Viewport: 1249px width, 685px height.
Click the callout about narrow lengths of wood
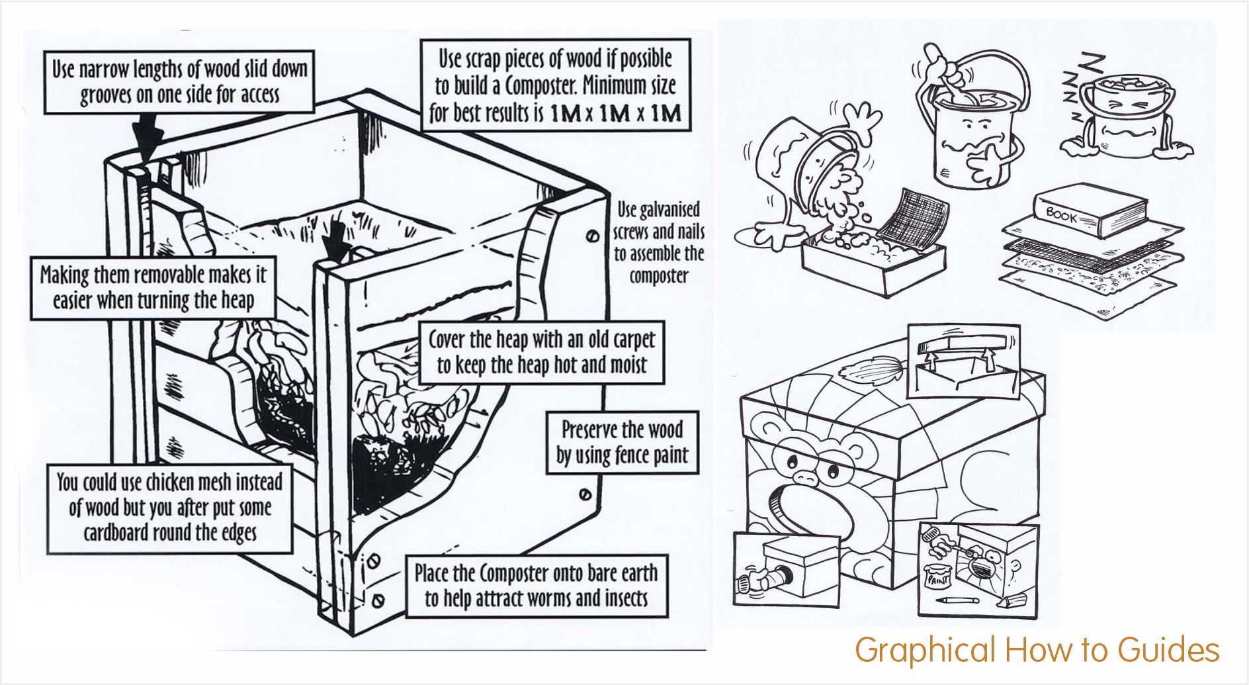tap(179, 82)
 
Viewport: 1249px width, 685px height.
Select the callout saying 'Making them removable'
tap(153, 287)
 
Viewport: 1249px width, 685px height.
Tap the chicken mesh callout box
tap(169, 508)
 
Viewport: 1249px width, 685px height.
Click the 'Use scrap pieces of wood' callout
tap(555, 85)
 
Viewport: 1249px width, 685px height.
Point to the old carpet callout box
tap(541, 352)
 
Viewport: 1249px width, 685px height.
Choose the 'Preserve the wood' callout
tap(622, 442)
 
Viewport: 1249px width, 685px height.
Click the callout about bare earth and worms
tap(536, 586)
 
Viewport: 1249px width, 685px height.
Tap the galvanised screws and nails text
tap(658, 242)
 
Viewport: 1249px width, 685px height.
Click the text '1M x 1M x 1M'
tap(615, 114)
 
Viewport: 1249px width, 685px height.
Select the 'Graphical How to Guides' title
tap(1037, 650)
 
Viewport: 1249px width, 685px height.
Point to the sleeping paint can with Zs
tap(1125, 119)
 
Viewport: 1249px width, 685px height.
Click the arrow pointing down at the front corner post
tap(337, 238)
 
